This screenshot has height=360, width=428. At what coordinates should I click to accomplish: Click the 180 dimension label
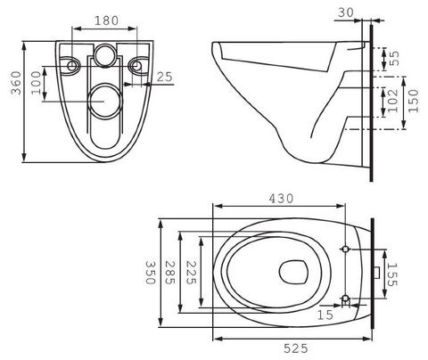click(106, 20)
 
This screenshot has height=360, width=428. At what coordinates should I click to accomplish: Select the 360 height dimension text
click(16, 83)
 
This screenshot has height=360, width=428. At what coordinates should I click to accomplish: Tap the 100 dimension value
click(37, 83)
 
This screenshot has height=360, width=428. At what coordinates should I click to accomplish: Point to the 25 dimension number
click(164, 77)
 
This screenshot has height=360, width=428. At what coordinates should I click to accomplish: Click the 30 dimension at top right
click(346, 12)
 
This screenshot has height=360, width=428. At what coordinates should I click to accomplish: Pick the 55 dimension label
click(394, 59)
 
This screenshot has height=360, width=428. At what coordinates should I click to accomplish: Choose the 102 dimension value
click(393, 101)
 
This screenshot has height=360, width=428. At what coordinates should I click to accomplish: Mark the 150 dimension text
click(413, 101)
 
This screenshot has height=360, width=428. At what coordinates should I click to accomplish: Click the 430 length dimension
click(281, 199)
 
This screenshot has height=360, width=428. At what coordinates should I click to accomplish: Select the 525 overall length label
click(296, 348)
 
